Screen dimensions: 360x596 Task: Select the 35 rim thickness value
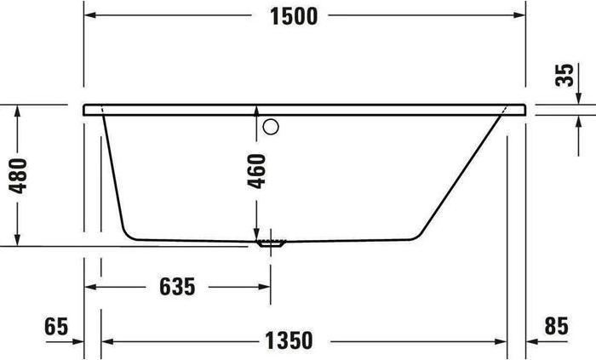coord(563,74)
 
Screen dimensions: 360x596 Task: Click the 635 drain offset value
coord(177,287)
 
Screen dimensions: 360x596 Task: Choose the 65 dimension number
coord(55,326)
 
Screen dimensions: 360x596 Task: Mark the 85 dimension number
coord(554,326)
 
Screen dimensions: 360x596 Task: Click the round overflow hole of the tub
coord(272,128)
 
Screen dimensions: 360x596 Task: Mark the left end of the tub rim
coord(86,110)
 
